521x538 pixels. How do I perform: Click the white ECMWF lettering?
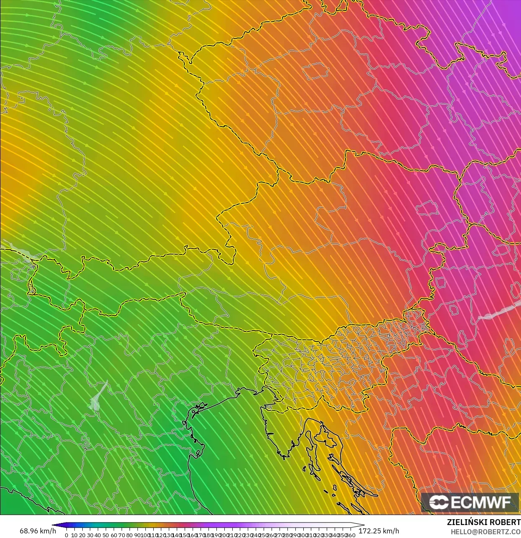coord(480,502)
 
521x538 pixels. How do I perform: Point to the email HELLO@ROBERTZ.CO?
coord(485,532)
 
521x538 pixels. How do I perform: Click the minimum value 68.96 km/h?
coord(38,531)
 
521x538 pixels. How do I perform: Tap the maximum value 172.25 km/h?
coord(379,531)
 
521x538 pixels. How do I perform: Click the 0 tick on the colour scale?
coord(66,535)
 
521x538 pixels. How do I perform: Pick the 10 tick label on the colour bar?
coord(74,535)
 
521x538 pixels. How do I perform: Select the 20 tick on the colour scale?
coord(82,535)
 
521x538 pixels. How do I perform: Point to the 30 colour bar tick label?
coord(90,535)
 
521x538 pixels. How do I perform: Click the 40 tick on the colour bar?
coord(98,535)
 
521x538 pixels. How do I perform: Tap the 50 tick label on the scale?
coord(106,535)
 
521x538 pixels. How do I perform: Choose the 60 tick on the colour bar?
coord(114,535)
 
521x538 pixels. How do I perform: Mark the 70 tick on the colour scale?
coord(122,535)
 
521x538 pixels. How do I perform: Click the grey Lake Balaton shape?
coord(497,311)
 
